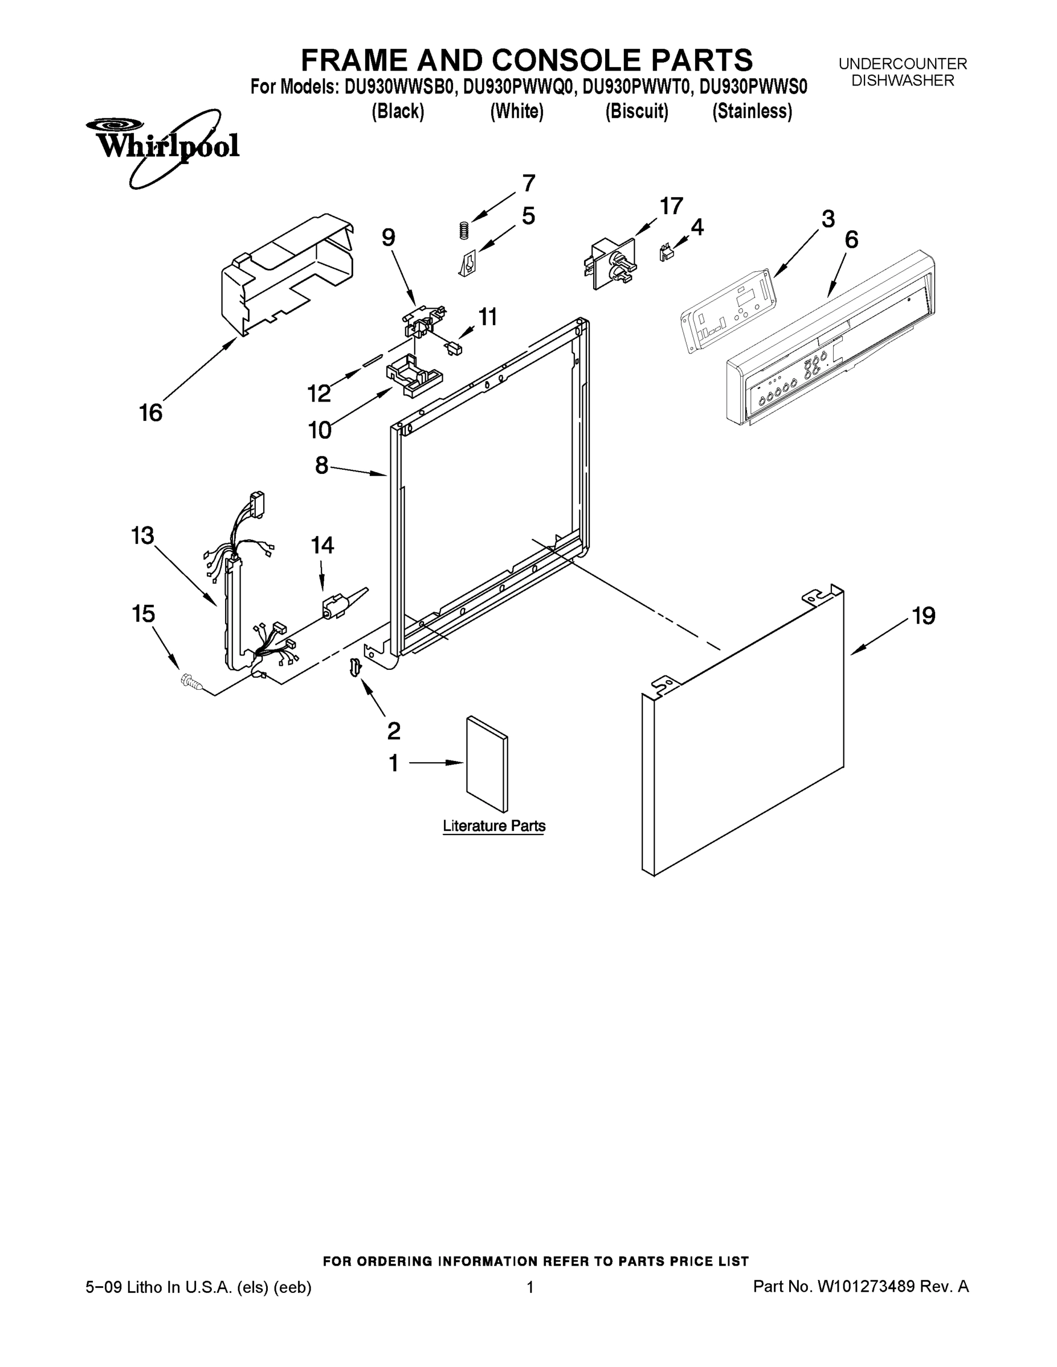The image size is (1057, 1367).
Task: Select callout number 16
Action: pyautogui.click(x=150, y=413)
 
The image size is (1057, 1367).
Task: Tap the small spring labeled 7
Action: pyautogui.click(x=463, y=230)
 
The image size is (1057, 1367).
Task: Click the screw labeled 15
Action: pyautogui.click(x=190, y=681)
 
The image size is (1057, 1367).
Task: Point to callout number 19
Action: pyautogui.click(x=923, y=616)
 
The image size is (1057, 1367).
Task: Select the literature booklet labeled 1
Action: pyautogui.click(x=487, y=764)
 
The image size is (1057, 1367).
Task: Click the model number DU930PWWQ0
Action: pyautogui.click(x=518, y=87)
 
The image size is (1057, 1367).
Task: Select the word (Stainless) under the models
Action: pyautogui.click(x=752, y=112)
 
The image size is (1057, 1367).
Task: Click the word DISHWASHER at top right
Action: pyautogui.click(x=903, y=81)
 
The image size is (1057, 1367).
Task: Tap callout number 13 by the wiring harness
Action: pyautogui.click(x=143, y=536)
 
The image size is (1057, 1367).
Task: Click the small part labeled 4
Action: pyautogui.click(x=666, y=253)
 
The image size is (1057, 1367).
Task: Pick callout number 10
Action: pyautogui.click(x=319, y=430)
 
